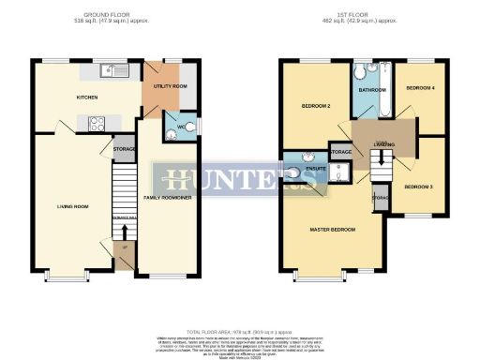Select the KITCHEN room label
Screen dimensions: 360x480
88,97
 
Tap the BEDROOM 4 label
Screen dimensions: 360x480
417,87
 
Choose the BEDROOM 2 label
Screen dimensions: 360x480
317,106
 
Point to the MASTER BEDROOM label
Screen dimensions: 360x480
333,229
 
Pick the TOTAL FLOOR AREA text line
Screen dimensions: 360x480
239,332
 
